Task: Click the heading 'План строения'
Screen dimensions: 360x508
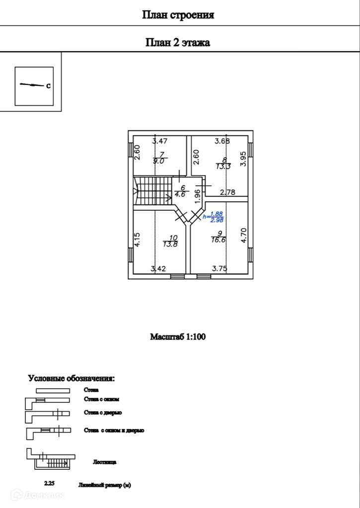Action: point(178,15)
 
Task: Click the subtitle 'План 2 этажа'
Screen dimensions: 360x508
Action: point(178,43)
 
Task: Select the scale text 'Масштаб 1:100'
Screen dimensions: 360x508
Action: point(178,337)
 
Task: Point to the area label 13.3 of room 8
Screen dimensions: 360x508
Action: point(223,167)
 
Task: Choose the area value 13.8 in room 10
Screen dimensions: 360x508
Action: point(170,244)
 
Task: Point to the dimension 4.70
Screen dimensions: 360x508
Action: point(243,235)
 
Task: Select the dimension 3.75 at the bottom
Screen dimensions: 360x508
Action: point(219,269)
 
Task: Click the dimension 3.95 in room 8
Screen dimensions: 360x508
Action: point(243,159)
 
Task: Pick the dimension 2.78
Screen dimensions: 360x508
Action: point(227,192)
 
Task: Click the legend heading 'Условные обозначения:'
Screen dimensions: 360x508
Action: point(71,379)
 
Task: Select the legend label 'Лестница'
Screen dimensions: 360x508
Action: point(104,462)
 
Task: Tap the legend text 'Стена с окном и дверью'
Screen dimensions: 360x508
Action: point(114,431)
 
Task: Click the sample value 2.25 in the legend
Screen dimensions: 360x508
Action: point(49,483)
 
